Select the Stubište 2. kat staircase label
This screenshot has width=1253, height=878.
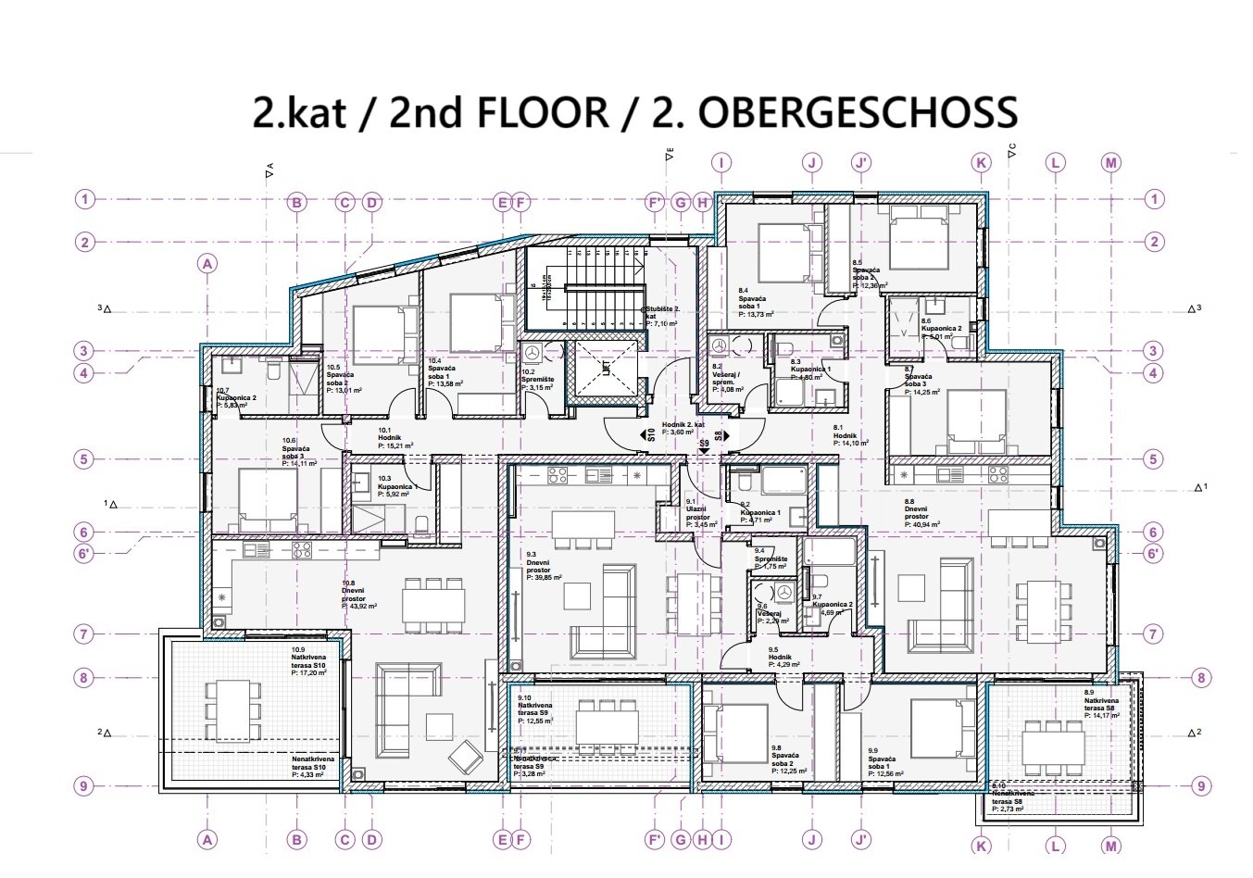pos(663,315)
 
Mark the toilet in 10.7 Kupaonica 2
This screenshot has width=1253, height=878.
pos(273,370)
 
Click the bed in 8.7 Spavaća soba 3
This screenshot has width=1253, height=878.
pos(972,417)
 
